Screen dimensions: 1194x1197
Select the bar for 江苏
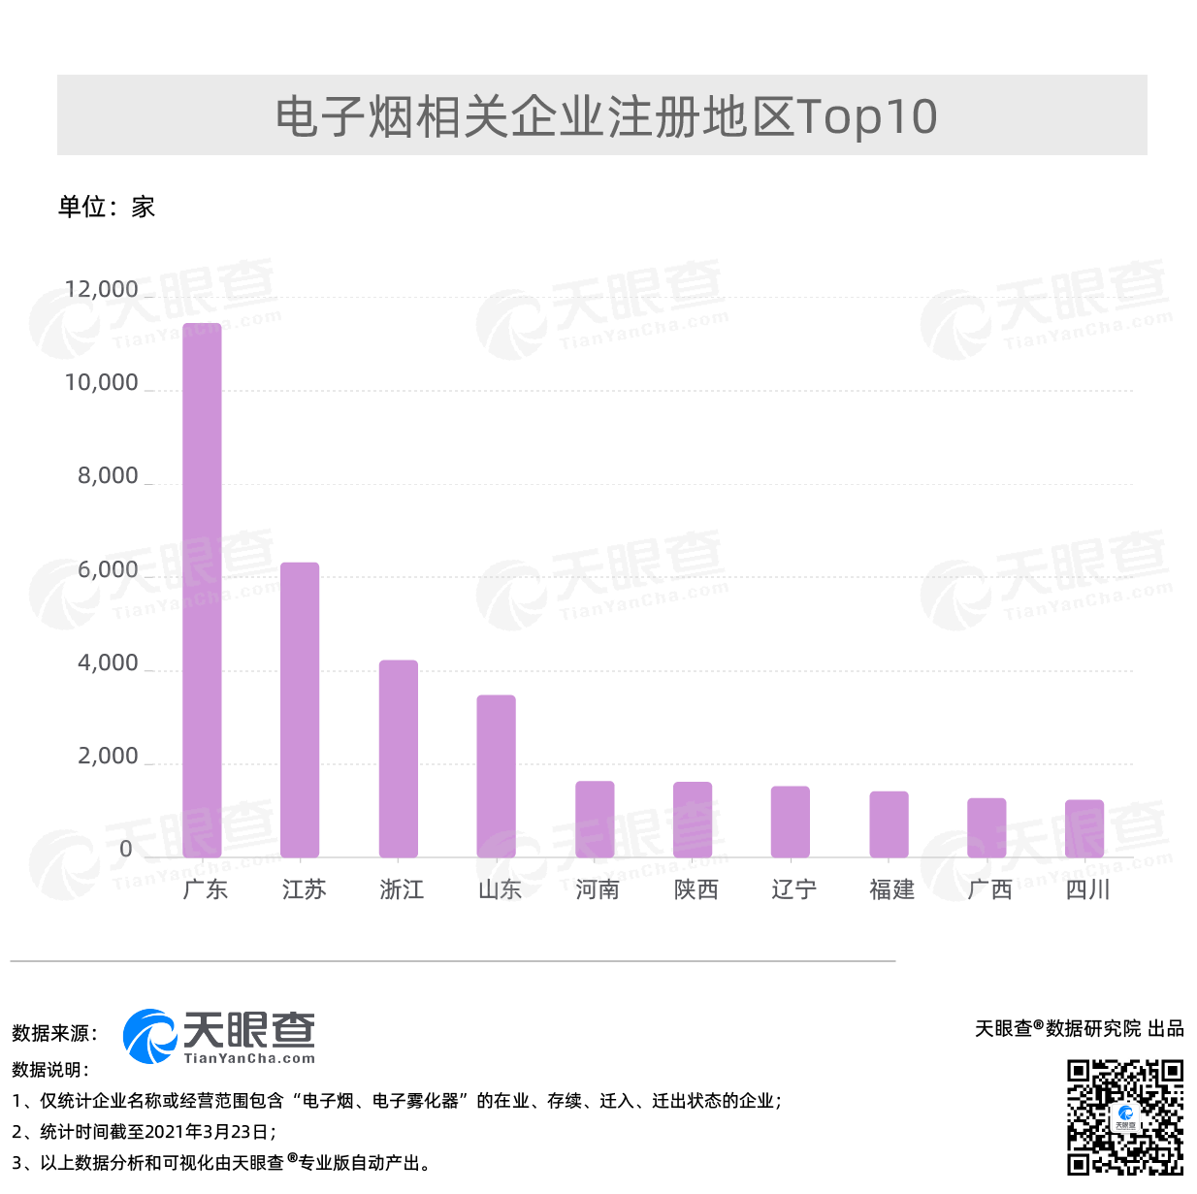[x=300, y=709]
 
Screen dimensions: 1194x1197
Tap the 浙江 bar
[x=398, y=758]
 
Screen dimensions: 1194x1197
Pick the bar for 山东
[x=496, y=776]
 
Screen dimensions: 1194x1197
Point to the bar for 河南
[x=595, y=819]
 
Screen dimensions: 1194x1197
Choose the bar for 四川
[x=1084, y=828]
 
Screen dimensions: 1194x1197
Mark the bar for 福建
[x=889, y=824]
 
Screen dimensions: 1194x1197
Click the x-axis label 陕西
[x=696, y=889]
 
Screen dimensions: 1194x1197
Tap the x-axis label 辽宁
[x=793, y=889]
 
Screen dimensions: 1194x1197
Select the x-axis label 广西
[x=989, y=889]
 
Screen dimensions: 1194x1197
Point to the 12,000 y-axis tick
[x=101, y=289]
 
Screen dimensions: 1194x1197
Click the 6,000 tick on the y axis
[x=108, y=569]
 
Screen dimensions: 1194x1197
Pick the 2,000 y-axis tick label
[x=108, y=756]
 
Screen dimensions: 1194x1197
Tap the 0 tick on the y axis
[x=125, y=849]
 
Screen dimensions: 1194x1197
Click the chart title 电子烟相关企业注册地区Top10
[x=605, y=116]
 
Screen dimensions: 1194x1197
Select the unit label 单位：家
[x=107, y=207]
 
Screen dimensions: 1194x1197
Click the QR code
[x=1125, y=1117]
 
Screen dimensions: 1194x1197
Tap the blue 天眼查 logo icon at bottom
[x=148, y=1036]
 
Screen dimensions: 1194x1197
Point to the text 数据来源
[x=54, y=1033]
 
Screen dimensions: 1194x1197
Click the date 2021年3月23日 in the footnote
[x=209, y=1132]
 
